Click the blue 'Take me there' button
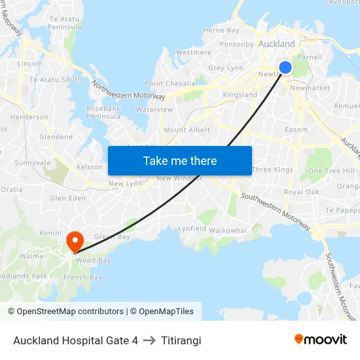click(180, 160)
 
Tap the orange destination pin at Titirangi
click(75, 241)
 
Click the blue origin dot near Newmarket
click(285, 67)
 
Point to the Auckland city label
click(277, 44)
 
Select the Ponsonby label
click(236, 45)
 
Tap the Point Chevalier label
click(171, 84)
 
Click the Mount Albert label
click(187, 130)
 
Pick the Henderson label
click(29, 117)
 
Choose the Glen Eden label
click(68, 198)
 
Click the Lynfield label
click(192, 229)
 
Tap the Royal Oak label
click(302, 192)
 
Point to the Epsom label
click(296, 130)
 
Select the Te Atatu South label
click(56, 80)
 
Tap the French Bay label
click(82, 278)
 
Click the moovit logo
click(321, 339)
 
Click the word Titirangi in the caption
click(181, 340)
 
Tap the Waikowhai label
click(228, 230)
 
